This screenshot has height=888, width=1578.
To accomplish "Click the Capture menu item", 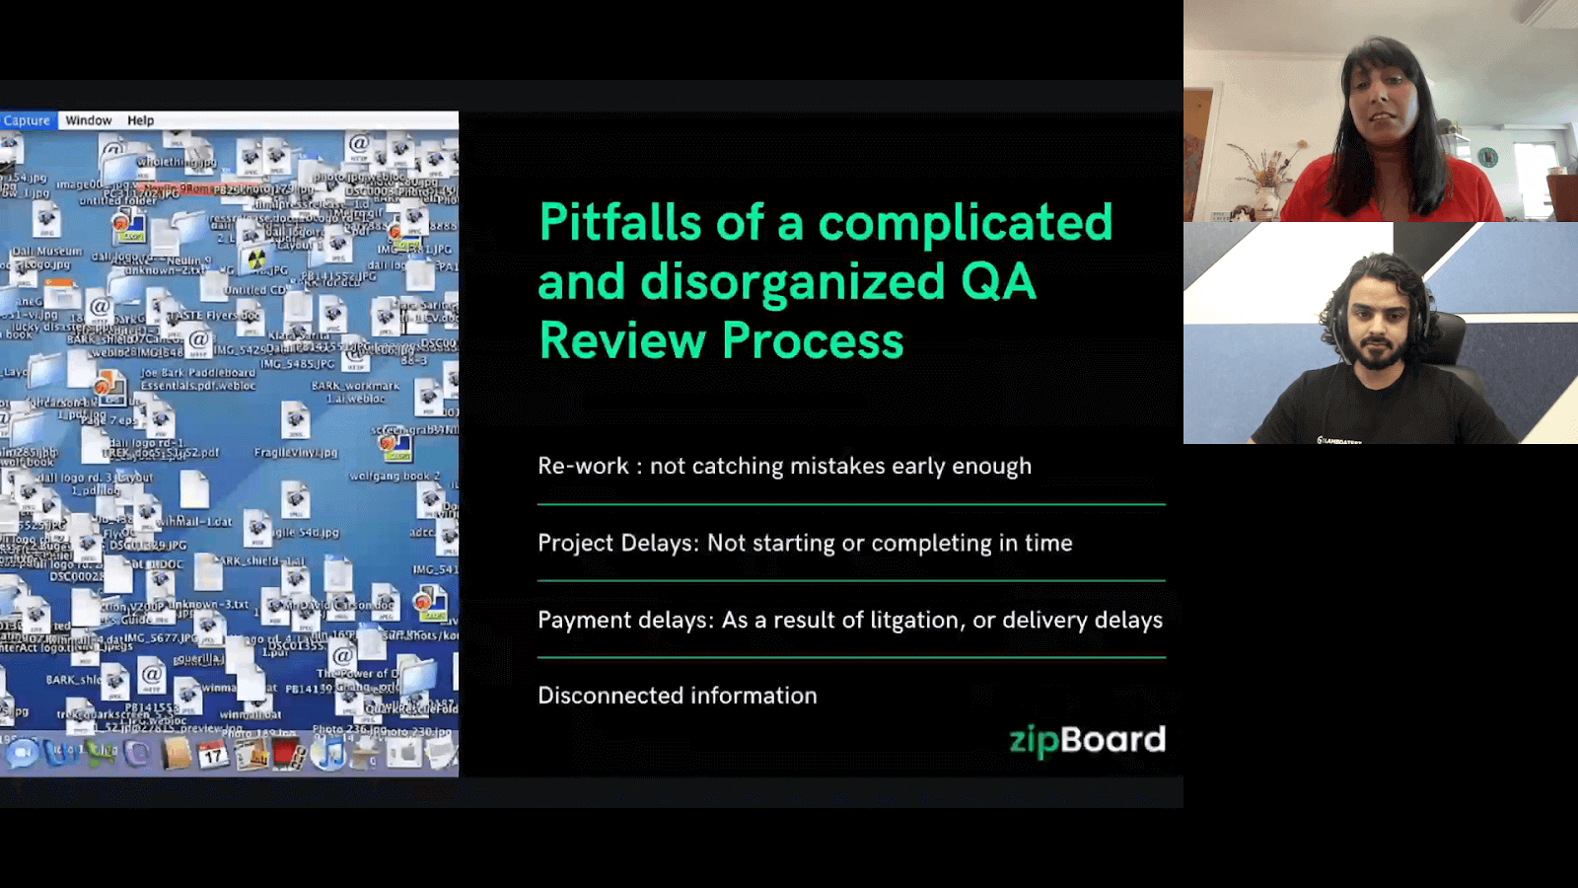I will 27,120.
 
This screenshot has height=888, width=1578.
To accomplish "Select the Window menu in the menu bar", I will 89,120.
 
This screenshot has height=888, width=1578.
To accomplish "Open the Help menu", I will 140,120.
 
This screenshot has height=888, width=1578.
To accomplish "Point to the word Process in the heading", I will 812,340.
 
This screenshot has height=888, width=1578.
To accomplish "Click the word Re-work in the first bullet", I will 582,466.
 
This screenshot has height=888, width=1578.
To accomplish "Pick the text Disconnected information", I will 677,696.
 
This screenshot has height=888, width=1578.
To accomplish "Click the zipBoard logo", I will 1087,740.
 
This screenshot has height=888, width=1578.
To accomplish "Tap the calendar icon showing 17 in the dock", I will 213,755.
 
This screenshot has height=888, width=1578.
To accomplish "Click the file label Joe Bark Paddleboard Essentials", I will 197,379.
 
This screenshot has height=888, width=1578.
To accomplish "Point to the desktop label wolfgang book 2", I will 394,476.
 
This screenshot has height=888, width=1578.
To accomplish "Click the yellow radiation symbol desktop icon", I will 255,259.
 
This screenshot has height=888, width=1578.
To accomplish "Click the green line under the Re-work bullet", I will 850,504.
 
